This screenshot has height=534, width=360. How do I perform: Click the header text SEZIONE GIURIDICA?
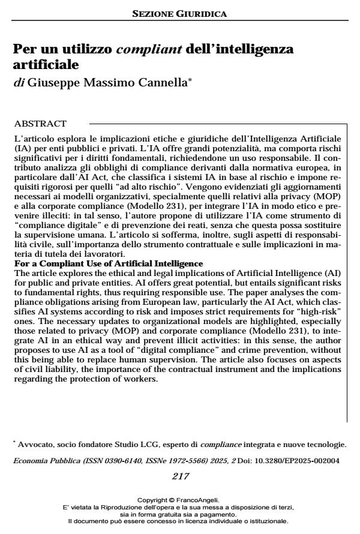click(179, 13)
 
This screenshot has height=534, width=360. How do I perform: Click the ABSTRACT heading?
click(40, 124)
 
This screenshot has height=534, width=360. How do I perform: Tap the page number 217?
click(179, 476)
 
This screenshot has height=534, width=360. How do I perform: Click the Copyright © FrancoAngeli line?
click(179, 499)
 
